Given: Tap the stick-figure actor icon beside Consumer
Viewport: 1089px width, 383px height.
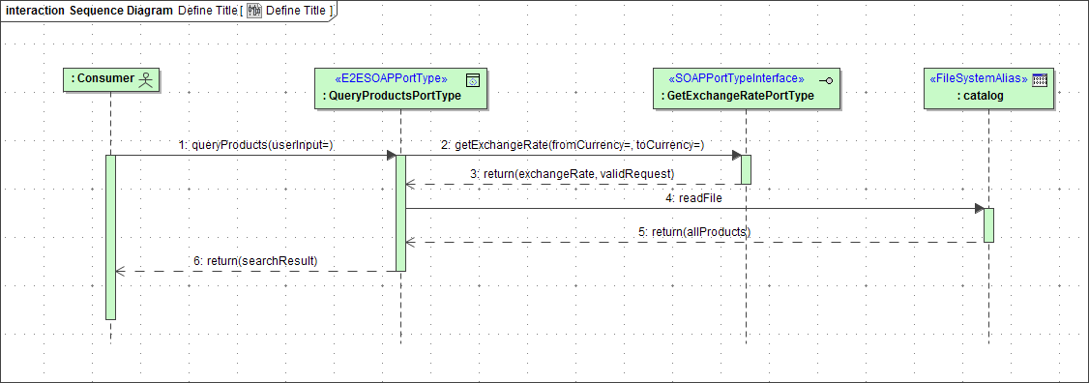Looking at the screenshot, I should coord(147,78).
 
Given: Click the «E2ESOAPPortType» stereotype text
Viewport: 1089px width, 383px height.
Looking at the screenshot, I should coord(390,78).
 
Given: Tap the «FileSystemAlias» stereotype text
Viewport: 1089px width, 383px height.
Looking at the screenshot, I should coord(978,78).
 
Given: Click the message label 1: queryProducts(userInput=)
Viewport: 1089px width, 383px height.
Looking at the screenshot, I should coord(255,144).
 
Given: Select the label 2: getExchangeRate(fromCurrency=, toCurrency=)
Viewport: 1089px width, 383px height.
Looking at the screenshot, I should coord(573,144).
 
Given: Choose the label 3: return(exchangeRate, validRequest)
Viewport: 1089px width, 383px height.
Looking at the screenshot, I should coord(572,173).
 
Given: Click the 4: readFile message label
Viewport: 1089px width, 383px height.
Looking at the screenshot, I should coord(694,197).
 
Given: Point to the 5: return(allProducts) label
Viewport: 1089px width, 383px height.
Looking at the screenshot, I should coord(694,232).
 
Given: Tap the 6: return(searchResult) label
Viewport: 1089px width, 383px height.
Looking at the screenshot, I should coord(255,260).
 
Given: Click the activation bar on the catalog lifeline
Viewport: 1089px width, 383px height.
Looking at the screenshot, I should coord(988,225).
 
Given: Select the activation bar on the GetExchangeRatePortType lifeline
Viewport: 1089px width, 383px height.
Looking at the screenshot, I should coord(746,168).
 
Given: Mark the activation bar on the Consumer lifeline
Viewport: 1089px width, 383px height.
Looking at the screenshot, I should coord(110,237).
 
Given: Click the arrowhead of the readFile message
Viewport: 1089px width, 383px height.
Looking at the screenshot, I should coord(979,208).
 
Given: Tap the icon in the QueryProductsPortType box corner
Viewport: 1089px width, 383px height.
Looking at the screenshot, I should coord(473,79).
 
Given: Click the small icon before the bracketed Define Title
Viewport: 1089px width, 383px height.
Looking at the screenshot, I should coord(254,11).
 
